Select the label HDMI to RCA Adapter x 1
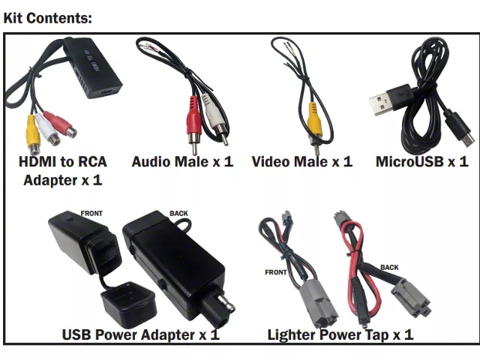coord(63,171)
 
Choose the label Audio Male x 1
coord(182,161)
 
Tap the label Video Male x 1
coord(301,161)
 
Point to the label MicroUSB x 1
coord(421,161)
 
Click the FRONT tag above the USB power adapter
coord(91,213)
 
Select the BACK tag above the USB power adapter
coord(178,213)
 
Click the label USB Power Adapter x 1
coord(140,334)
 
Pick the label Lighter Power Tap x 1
coord(340,334)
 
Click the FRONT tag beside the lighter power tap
coord(275,272)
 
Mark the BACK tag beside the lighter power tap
coord(389,266)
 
